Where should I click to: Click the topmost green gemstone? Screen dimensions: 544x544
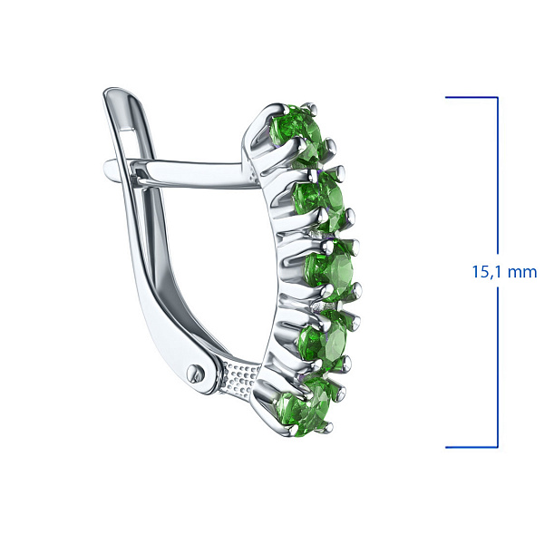(299, 135)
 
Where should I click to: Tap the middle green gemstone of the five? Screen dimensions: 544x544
(330, 272)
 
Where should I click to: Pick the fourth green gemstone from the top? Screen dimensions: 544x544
(324, 338)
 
